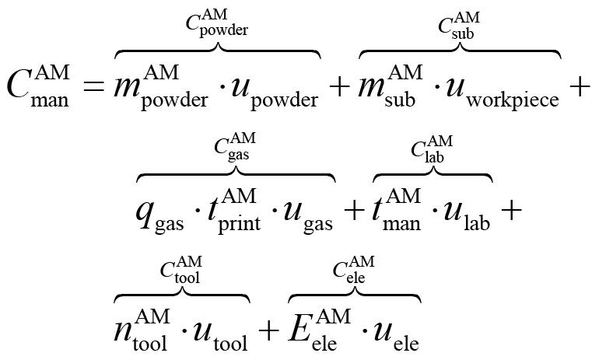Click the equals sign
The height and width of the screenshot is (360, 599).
(x=95, y=88)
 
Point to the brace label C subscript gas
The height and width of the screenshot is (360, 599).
(x=234, y=148)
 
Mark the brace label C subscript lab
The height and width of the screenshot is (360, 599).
(x=432, y=148)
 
